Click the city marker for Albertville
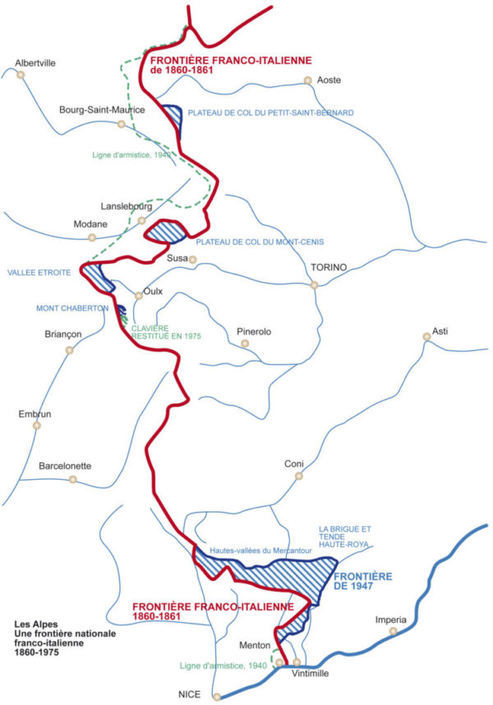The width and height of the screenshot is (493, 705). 21,74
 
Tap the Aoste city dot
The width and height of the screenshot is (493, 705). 307,81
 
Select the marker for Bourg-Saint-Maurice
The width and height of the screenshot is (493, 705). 121,124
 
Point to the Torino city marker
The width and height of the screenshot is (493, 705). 314,285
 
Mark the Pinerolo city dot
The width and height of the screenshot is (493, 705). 244,343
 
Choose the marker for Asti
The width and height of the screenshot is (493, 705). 426,336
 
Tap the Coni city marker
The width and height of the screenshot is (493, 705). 299,475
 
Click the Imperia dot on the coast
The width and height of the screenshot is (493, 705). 394,631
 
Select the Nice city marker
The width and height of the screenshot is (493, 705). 217,697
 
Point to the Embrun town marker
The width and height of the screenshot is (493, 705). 35,426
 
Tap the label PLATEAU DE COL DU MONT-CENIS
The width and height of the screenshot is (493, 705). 260,242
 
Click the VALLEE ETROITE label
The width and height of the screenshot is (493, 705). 39,272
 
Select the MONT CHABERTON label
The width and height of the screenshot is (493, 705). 72,308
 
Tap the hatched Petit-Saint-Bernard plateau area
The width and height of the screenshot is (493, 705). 173,116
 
